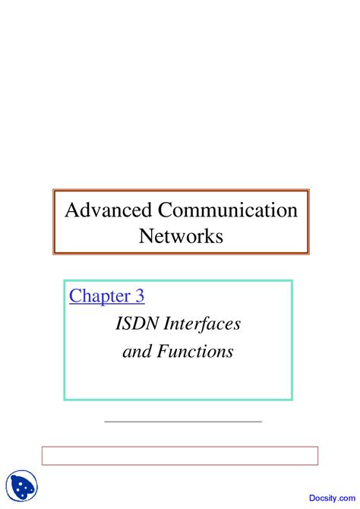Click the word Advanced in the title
[x=109, y=210]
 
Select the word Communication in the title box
[x=228, y=210]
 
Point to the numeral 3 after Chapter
[x=139, y=296]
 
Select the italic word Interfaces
[x=201, y=324]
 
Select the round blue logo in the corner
[x=21, y=486]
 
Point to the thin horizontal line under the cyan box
[x=182, y=420]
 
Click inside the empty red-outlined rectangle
[x=179, y=455]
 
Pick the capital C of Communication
[x=166, y=210]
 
